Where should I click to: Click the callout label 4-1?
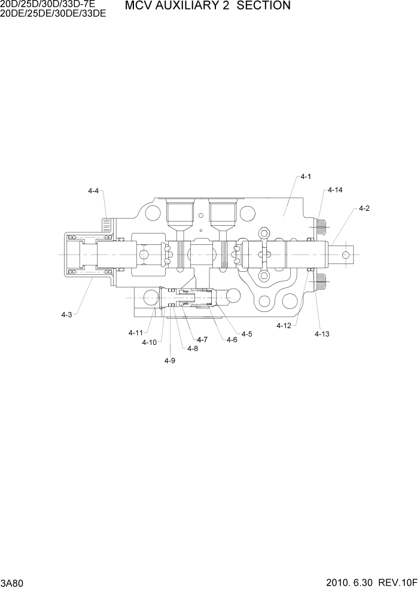[306, 177]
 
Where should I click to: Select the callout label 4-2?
[364, 208]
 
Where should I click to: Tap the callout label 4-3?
[66, 314]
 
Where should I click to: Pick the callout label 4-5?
[246, 334]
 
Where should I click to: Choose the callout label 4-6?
[232, 340]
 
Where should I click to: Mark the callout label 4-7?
[202, 340]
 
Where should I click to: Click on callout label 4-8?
[192, 348]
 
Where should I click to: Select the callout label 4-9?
[170, 360]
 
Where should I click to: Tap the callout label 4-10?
[149, 343]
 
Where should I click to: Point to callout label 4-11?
[136, 332]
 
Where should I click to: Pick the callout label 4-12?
[284, 326]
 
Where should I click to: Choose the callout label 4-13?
[322, 334]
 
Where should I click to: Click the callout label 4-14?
[335, 190]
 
